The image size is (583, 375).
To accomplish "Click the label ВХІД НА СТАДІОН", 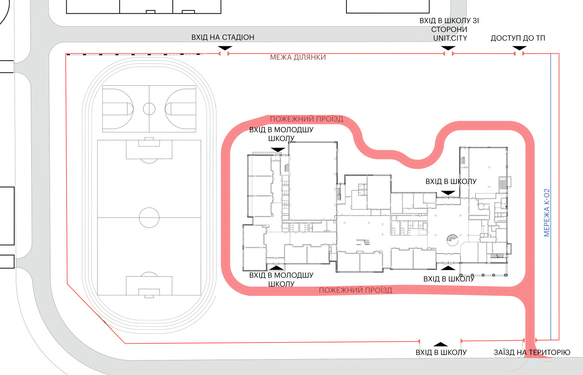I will pyautogui.click(x=222, y=37).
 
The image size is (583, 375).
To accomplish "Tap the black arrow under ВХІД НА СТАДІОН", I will pyautogui.click(x=225, y=48).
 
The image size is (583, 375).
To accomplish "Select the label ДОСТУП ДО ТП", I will pyautogui.click(x=518, y=38).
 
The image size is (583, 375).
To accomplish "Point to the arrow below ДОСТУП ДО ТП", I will pyautogui.click(x=519, y=48).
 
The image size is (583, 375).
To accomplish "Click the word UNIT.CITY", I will pyautogui.click(x=450, y=38).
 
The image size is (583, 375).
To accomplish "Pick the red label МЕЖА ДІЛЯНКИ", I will pyautogui.click(x=298, y=57).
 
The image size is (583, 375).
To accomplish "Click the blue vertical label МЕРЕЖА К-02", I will pyautogui.click(x=547, y=213).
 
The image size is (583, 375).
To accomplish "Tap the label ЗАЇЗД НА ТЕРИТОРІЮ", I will pyautogui.click(x=532, y=353).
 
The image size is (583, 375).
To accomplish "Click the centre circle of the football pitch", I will pyautogui.click(x=149, y=217).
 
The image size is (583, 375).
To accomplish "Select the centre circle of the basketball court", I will pyautogui.click(x=149, y=109).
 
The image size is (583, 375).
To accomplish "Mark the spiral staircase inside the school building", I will pyautogui.click(x=452, y=239).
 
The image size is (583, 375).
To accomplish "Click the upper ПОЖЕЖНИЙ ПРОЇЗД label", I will pyautogui.click(x=306, y=119).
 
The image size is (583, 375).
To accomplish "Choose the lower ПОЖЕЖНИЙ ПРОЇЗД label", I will pyautogui.click(x=355, y=290).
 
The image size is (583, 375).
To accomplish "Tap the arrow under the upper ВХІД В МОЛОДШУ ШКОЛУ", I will pyautogui.click(x=278, y=149).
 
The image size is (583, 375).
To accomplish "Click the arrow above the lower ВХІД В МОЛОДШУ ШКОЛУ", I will pyautogui.click(x=277, y=268).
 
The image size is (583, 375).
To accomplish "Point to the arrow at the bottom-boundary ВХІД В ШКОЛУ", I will pyautogui.click(x=440, y=344).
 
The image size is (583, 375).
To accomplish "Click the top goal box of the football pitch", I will pyautogui.click(x=149, y=142).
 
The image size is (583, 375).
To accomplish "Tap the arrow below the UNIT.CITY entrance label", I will pyautogui.click(x=448, y=48).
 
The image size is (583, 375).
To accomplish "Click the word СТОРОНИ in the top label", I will pyautogui.click(x=449, y=30).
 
